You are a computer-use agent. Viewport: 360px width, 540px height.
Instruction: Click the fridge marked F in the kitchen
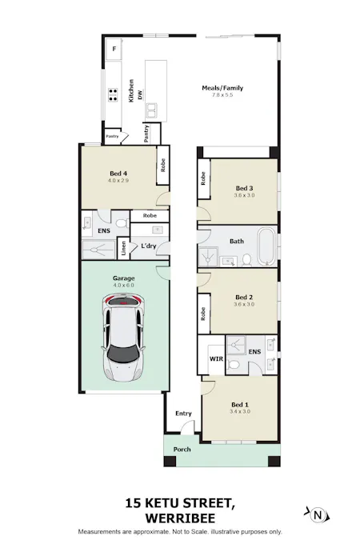[114, 50]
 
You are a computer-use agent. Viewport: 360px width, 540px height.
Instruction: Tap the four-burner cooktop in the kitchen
[113, 94]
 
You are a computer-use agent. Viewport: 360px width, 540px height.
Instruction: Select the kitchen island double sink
[151, 110]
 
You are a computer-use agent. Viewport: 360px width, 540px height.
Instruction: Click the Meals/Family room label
[222, 88]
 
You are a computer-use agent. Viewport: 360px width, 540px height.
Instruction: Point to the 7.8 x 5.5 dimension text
[222, 94]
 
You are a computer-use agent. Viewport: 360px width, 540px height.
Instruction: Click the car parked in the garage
[123, 337]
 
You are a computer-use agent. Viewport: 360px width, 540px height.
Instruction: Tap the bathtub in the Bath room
[266, 246]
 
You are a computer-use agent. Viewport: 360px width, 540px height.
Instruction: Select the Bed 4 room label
[118, 174]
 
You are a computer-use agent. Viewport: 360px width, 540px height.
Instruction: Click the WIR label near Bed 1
[216, 358]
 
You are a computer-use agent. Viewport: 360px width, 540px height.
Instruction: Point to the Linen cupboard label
[123, 248]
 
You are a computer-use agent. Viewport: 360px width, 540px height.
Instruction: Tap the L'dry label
[149, 246]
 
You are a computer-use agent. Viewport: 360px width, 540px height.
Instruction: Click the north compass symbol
[318, 515]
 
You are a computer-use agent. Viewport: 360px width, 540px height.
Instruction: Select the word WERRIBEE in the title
[180, 518]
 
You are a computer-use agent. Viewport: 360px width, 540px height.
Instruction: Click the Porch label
[182, 449]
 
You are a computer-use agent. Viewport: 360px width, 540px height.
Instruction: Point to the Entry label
[183, 414]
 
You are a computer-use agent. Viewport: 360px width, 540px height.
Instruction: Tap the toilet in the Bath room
[246, 260]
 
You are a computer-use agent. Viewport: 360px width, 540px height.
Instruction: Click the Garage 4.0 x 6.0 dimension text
[123, 285]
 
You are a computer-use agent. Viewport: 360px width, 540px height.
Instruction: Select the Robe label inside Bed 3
[203, 178]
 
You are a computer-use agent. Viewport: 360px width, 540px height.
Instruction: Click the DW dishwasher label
[140, 94]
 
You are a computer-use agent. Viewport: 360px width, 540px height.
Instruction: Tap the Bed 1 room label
[240, 405]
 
